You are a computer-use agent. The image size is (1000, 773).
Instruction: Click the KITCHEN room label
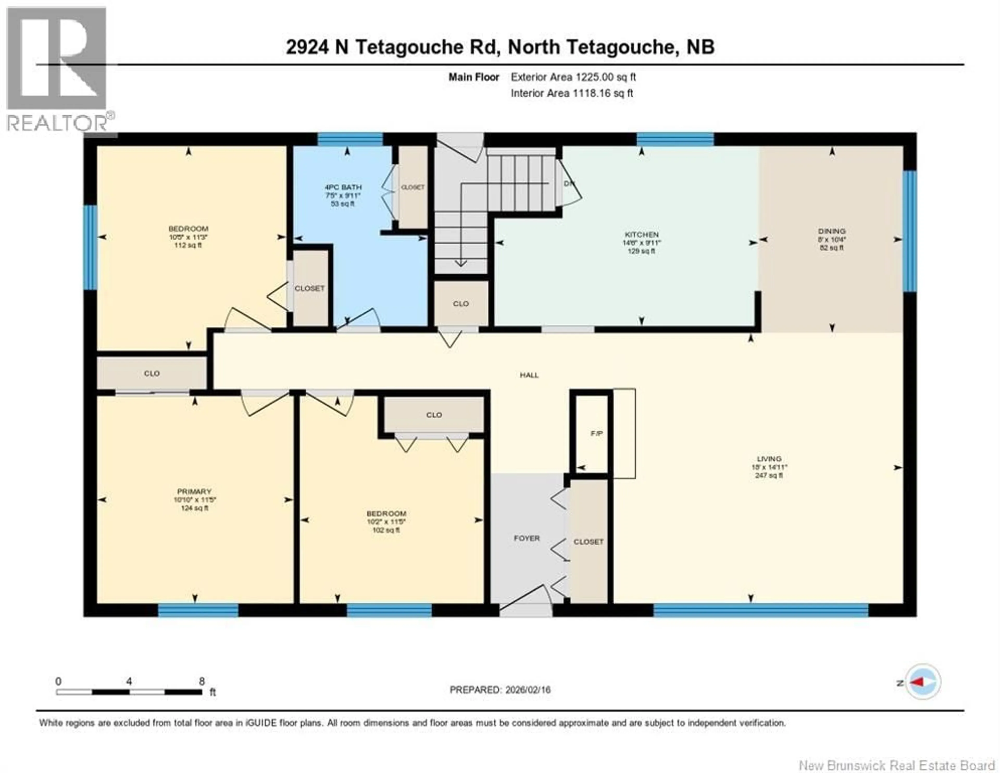point(641,234)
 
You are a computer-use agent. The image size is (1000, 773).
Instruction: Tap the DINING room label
point(832,231)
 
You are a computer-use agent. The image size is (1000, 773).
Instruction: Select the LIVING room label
point(769,459)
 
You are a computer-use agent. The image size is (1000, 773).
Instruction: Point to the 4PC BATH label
point(343,187)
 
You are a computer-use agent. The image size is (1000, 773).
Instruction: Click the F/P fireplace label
point(596,434)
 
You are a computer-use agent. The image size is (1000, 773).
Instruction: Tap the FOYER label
point(527,539)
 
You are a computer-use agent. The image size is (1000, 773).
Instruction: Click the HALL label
point(529,375)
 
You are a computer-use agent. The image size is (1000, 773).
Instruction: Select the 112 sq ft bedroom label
point(188,229)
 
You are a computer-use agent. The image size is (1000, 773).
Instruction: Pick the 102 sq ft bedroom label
point(386,514)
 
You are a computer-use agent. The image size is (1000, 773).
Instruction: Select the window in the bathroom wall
point(350,139)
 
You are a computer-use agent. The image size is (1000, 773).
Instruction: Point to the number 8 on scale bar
point(202,681)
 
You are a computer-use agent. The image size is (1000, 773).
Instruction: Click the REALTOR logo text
point(57,123)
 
